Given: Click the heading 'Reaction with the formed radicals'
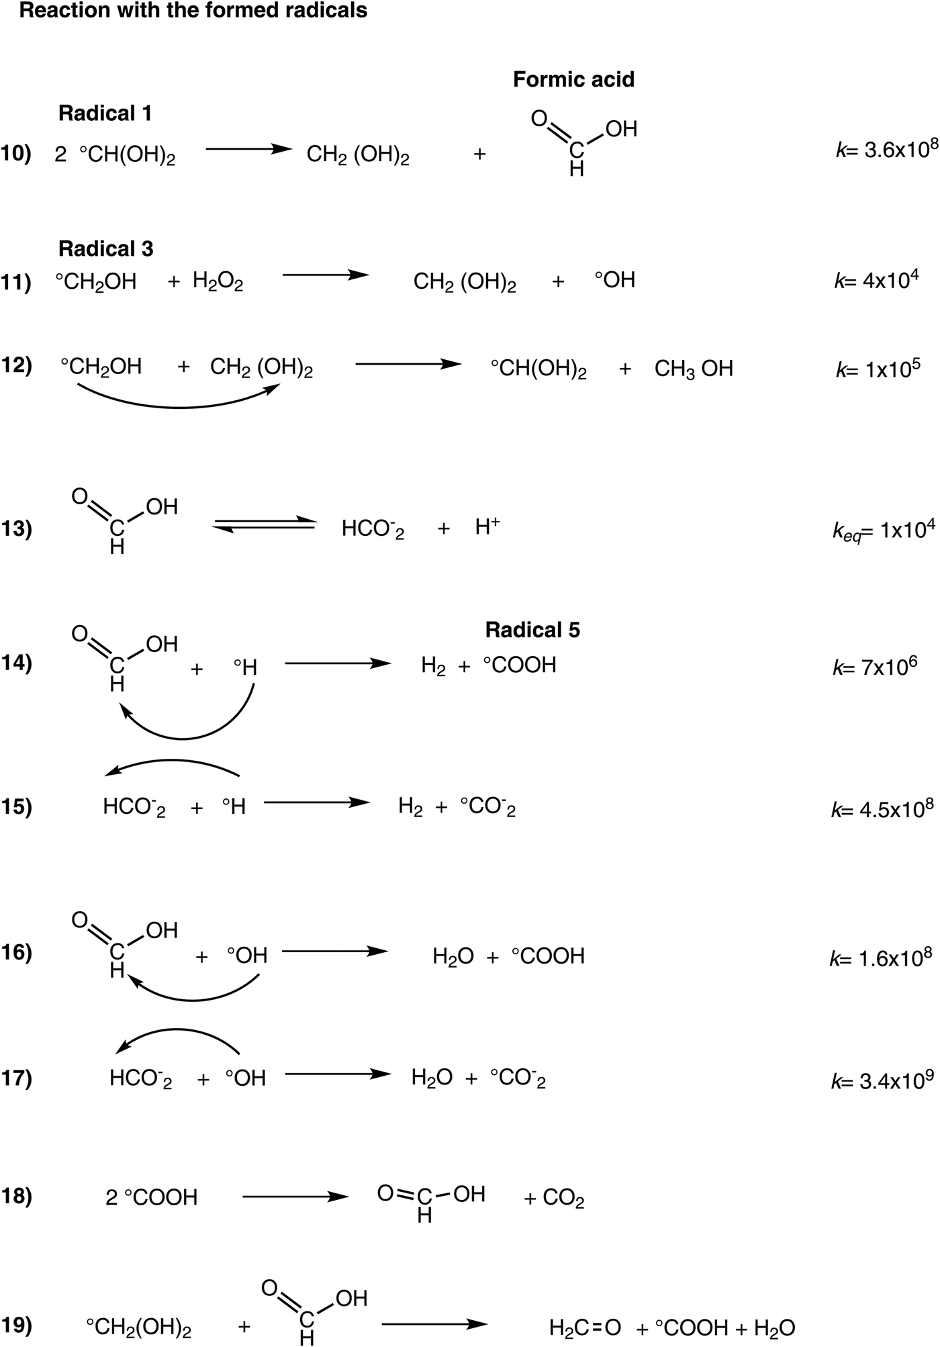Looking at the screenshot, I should (x=193, y=11).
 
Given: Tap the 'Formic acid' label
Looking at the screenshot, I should (x=573, y=80).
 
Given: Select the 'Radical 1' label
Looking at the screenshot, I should (x=105, y=113).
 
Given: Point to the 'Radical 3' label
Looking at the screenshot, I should (x=106, y=249).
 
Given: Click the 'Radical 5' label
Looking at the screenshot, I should (x=532, y=630).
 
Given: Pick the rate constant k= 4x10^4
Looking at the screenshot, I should (x=876, y=280).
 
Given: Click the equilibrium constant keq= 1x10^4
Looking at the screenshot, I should (x=883, y=530).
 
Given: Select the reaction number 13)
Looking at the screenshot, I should (x=16, y=530).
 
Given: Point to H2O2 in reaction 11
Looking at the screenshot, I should (x=218, y=281).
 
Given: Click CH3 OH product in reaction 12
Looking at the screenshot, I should (x=694, y=369).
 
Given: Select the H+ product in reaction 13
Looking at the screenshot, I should (x=487, y=528).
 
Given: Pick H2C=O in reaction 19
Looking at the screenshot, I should (x=584, y=1328).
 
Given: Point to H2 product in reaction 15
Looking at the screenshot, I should (x=410, y=806).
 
